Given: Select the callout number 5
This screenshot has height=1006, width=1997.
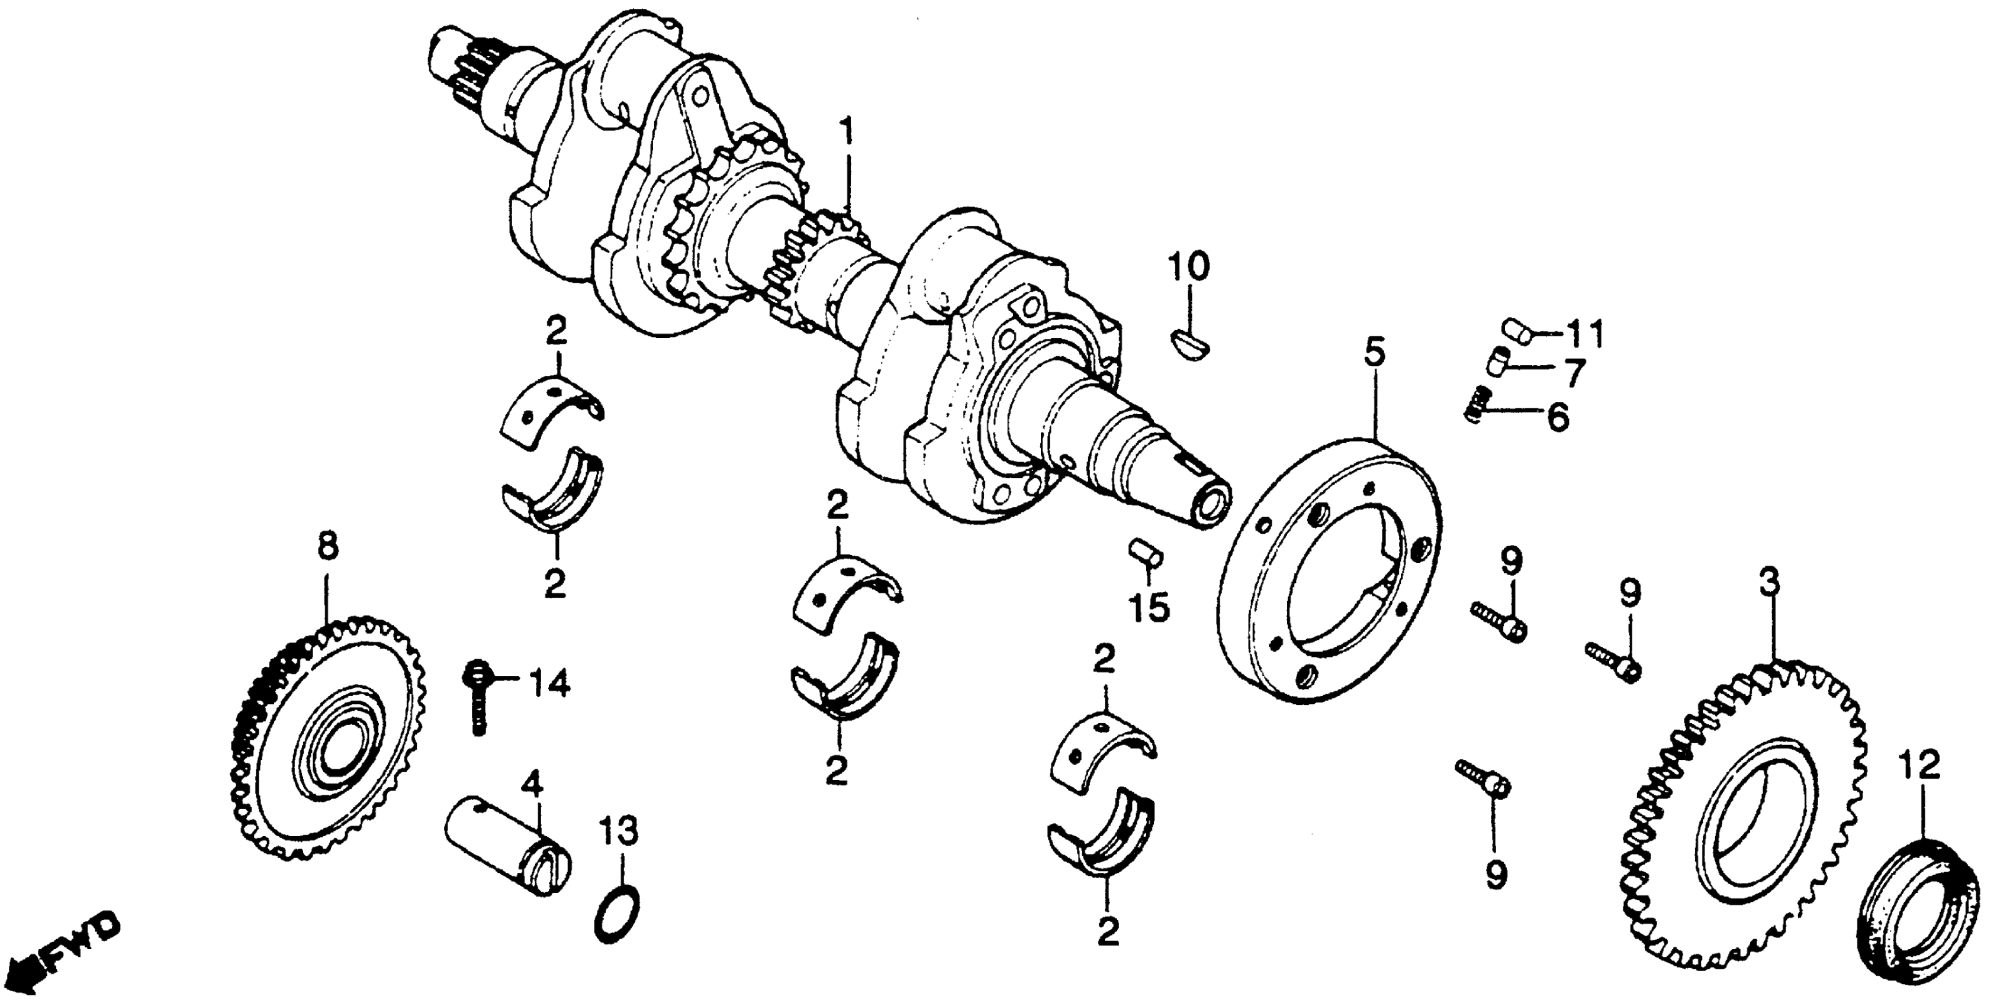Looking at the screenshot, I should pyautogui.click(x=1373, y=354).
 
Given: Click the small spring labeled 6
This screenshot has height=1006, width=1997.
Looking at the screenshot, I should pyautogui.click(x=1478, y=403).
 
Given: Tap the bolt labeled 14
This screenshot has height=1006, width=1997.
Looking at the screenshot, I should pyautogui.click(x=476, y=695).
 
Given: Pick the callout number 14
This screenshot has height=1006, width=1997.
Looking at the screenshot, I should pyautogui.click(x=549, y=683).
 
